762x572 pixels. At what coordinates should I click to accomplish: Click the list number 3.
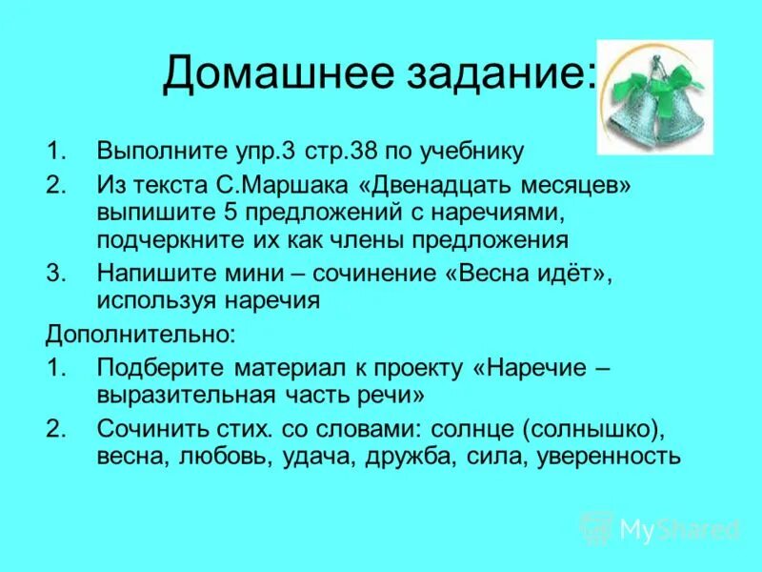[54, 272]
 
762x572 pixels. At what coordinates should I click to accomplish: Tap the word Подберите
[152, 367]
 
